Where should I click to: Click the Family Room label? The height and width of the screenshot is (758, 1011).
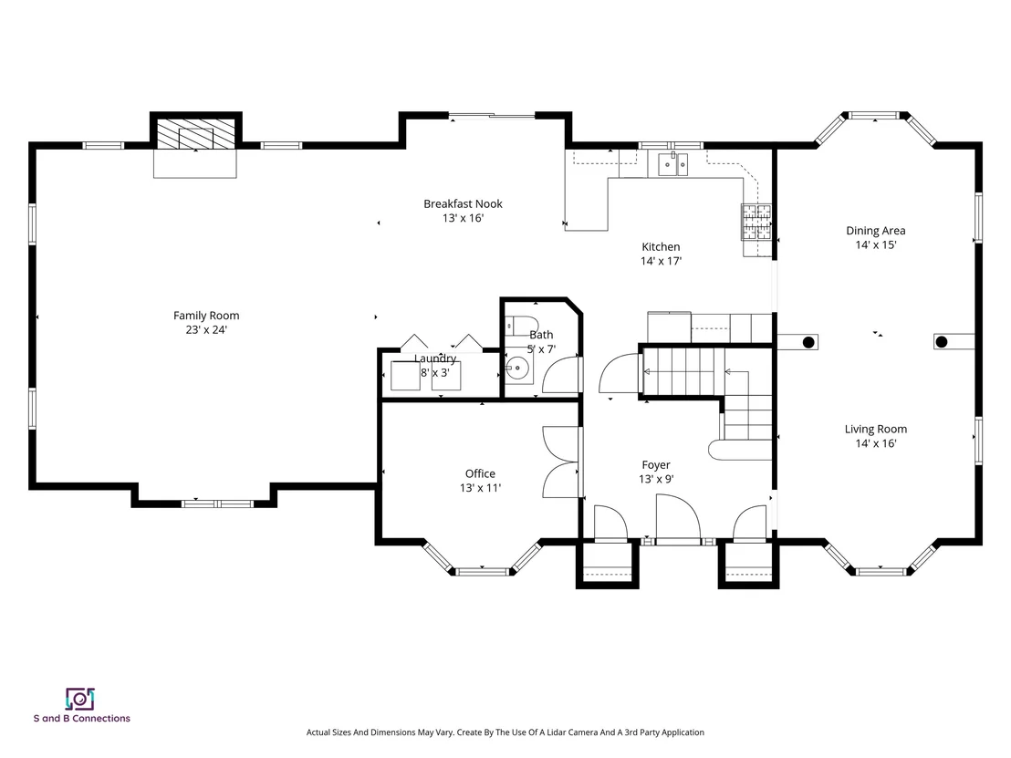[x=206, y=316]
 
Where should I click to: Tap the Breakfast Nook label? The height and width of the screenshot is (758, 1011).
[x=463, y=203]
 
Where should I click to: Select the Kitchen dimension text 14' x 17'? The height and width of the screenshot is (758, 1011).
[x=661, y=261]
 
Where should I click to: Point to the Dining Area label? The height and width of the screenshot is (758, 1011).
[x=876, y=231]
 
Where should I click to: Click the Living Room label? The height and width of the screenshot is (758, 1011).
[x=876, y=430]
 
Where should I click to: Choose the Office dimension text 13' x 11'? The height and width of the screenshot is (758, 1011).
[x=480, y=488]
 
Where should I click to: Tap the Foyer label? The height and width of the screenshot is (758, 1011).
[x=656, y=465]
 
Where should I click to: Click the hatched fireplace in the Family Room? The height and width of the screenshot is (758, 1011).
[x=196, y=134]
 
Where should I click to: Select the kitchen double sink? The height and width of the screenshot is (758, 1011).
[x=672, y=164]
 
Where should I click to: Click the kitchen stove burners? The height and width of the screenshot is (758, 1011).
[x=756, y=222]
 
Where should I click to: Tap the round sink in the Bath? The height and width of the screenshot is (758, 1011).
[x=516, y=369]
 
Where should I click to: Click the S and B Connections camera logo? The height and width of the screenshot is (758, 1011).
[x=80, y=699]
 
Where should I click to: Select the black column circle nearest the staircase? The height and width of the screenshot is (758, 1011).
[x=808, y=342]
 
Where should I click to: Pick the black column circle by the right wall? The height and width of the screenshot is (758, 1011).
[x=942, y=342]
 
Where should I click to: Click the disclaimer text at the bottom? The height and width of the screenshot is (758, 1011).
[x=505, y=732]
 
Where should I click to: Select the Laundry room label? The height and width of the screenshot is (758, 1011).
[x=435, y=359]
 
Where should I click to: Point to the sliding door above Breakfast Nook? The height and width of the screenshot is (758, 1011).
[x=491, y=116]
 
